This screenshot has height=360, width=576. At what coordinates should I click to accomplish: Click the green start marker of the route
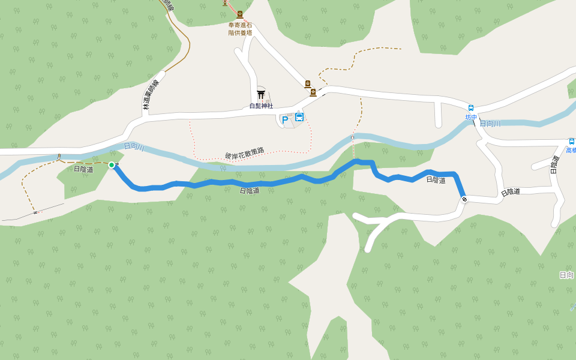pyautogui.click(x=112, y=165)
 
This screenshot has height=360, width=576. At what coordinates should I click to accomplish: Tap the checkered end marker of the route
pyautogui.click(x=464, y=199)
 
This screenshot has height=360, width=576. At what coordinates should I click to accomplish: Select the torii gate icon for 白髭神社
pyautogui.click(x=261, y=94)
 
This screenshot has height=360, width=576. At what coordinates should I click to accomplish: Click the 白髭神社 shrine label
pyautogui.click(x=261, y=106)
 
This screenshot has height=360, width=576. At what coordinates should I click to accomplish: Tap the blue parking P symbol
pyautogui.click(x=285, y=119)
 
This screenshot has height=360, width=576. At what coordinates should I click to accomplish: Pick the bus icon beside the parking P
pyautogui.click(x=299, y=117)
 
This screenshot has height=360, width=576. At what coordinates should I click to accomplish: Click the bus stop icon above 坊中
pyautogui.click(x=471, y=109)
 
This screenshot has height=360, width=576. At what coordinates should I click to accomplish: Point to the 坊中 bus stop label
pyautogui.click(x=471, y=118)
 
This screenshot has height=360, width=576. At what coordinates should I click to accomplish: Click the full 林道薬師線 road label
pyautogui.click(x=151, y=97)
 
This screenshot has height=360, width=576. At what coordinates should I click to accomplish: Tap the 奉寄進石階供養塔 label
pyautogui.click(x=239, y=29)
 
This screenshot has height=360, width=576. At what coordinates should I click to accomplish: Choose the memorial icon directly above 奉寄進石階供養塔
pyautogui.click(x=240, y=14)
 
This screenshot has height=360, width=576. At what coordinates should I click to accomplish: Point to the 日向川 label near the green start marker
pyautogui.click(x=134, y=147)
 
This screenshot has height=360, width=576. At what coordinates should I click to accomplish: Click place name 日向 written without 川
pyautogui.click(x=566, y=275)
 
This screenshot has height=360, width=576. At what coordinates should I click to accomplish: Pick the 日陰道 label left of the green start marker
pyautogui.click(x=83, y=169)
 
